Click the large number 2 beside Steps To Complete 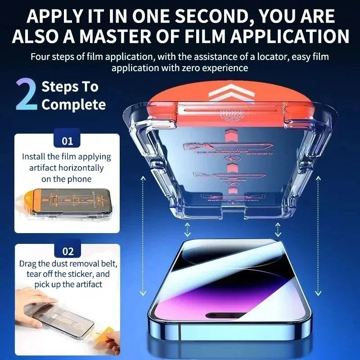[26, 95]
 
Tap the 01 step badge [67, 141]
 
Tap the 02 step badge [67, 251]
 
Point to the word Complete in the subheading [73, 105]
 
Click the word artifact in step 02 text [87, 284]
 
